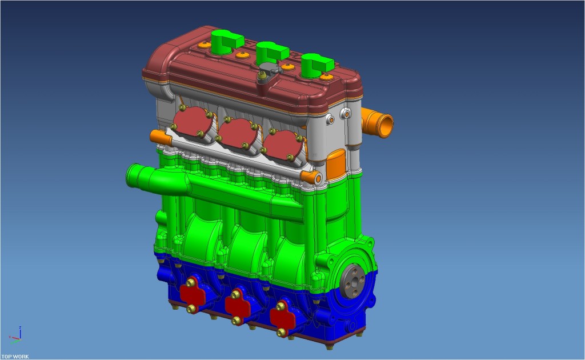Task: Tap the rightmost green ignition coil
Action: point(314,65)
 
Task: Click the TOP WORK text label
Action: point(15,357)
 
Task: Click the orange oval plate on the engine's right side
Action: point(335,162)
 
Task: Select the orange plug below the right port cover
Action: point(310,177)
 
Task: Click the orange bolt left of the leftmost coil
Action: point(202,45)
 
